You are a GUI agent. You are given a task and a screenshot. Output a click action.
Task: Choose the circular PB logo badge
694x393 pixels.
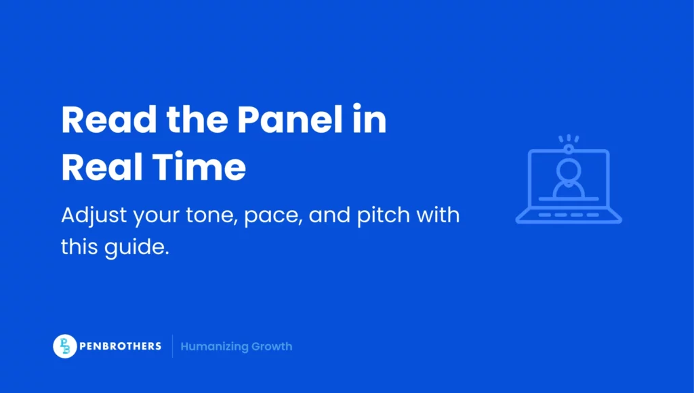point(64,346)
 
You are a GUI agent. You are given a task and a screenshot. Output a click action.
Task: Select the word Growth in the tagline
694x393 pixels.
point(271,347)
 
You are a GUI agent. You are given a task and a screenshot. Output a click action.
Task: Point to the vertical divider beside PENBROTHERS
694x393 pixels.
point(172,346)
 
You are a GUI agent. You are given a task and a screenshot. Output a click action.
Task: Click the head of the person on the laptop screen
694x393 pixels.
point(569,169)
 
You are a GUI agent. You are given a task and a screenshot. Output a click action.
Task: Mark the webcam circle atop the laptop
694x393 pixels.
point(569,147)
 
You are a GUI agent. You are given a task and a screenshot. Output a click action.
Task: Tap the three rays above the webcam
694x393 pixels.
point(569,138)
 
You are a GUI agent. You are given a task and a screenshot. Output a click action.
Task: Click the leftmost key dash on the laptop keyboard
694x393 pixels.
point(541,215)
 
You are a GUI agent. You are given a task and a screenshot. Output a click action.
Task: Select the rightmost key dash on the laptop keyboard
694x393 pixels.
point(596,215)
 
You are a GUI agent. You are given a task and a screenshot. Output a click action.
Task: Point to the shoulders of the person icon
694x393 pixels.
point(569,190)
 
